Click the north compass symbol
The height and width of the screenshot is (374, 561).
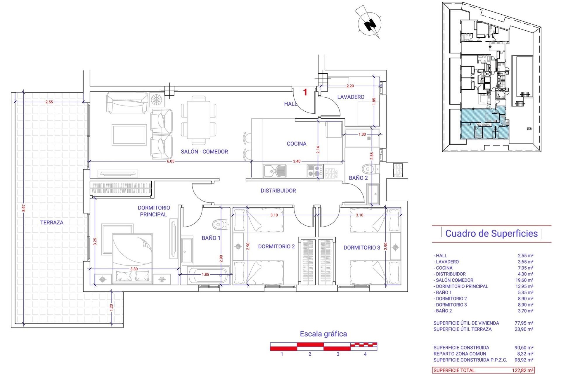[x=370, y=23]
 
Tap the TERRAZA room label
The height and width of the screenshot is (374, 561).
[x=52, y=222]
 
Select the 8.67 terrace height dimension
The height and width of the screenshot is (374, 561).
[x=24, y=208]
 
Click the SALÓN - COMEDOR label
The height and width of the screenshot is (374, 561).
[x=204, y=152]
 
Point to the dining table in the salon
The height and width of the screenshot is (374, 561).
[x=199, y=120]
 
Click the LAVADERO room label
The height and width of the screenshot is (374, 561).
[x=351, y=97]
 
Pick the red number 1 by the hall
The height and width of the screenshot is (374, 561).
[x=305, y=92]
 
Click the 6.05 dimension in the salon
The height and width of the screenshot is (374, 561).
[x=171, y=161]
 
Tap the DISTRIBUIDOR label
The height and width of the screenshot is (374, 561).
[x=278, y=191]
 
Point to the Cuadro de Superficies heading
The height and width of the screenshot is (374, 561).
[x=491, y=233]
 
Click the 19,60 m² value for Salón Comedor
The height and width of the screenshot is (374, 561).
[x=525, y=280]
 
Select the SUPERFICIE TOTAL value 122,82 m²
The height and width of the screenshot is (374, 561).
[x=523, y=370]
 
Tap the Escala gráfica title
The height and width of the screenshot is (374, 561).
[x=323, y=334]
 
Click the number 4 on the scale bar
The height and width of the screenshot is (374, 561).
[x=365, y=354]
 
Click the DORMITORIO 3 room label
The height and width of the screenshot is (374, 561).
[x=361, y=248]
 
